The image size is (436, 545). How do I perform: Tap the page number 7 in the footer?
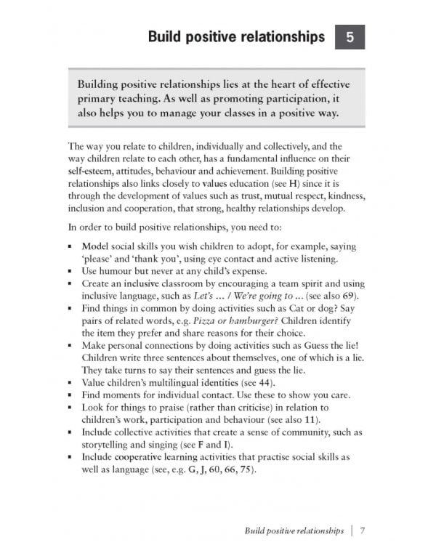(x=361, y=510)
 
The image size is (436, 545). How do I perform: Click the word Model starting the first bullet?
(x=94, y=246)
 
